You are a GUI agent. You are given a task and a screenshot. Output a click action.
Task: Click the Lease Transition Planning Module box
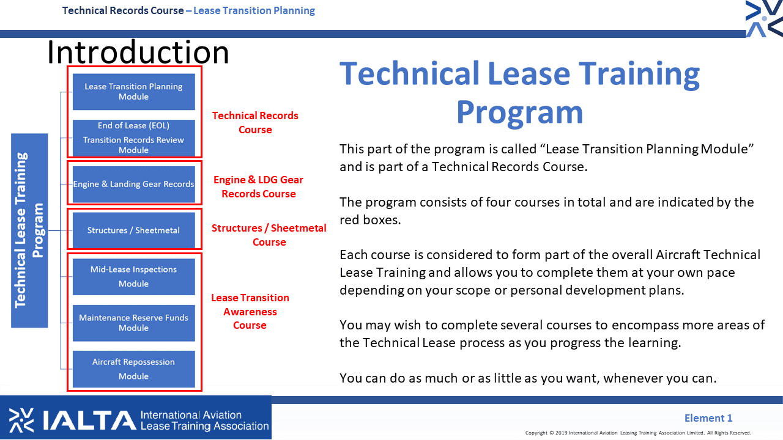point(134,92)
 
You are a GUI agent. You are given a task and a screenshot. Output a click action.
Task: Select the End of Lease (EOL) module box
point(134,138)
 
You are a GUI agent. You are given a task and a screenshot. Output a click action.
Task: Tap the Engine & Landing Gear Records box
point(134,184)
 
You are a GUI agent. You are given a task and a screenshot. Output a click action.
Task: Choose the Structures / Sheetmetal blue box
point(134,230)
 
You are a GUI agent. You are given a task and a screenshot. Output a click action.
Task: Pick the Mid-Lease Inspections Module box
point(134,277)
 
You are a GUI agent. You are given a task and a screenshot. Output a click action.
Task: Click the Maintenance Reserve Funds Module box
point(134,323)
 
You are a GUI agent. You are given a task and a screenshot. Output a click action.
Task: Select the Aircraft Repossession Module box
point(134,369)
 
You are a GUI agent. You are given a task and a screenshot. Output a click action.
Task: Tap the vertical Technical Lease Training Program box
point(29,230)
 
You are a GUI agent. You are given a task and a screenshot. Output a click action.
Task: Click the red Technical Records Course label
point(255,123)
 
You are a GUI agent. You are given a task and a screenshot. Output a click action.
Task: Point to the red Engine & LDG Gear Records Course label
point(258,187)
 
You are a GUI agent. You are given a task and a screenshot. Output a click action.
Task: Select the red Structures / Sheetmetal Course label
point(269,235)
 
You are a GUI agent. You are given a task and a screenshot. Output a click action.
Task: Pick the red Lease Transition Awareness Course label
point(250,312)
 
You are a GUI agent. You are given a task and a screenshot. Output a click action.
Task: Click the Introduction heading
point(138,52)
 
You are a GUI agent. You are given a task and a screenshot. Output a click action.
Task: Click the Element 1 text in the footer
point(708,418)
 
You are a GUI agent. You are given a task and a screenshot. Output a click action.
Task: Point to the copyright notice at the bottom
point(638,433)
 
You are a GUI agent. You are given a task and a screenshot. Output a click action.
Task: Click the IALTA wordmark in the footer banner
point(89,420)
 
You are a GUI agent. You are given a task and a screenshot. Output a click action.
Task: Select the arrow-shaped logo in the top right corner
point(764,18)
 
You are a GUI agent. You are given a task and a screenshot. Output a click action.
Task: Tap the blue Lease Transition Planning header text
point(254,11)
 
